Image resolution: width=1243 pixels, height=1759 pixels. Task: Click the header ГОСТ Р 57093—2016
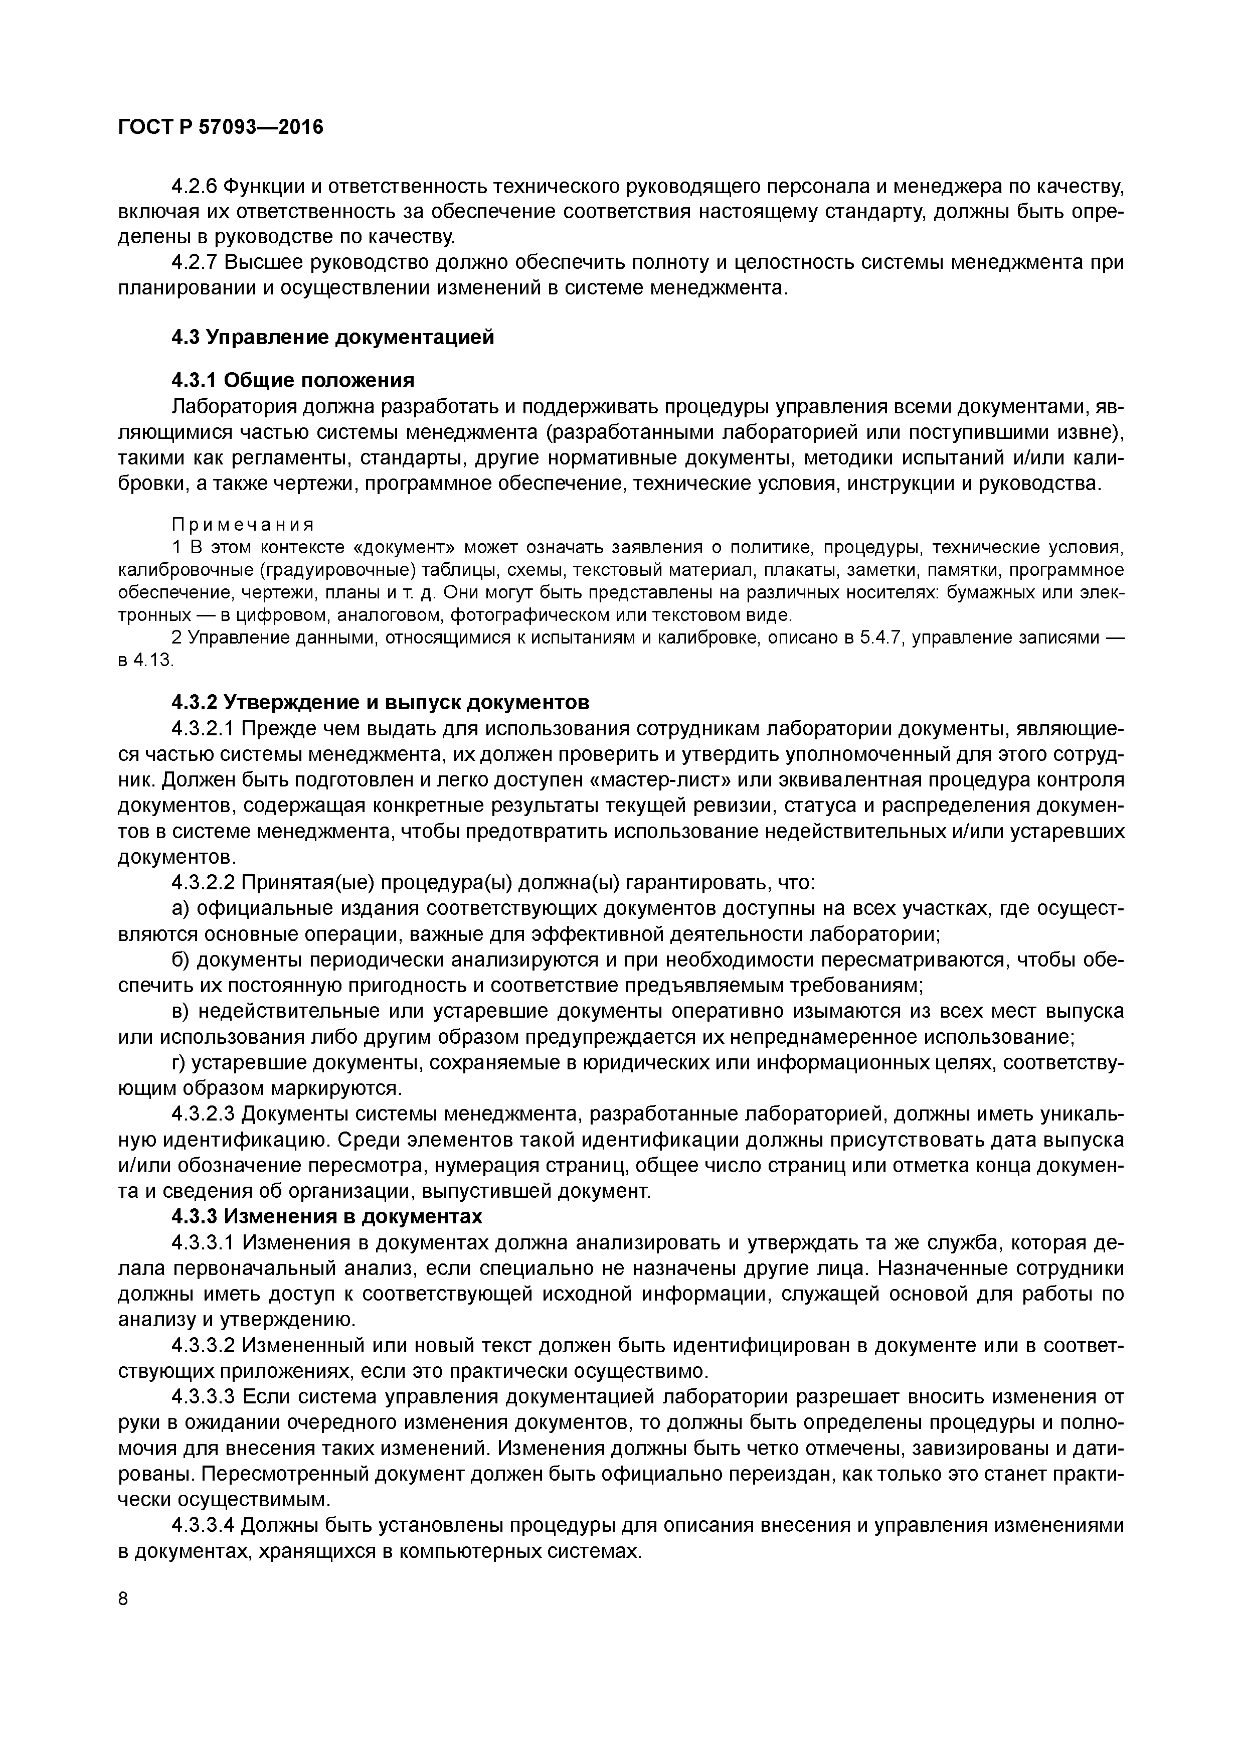click(x=221, y=127)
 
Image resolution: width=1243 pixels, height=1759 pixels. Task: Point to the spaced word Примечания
click(x=242, y=526)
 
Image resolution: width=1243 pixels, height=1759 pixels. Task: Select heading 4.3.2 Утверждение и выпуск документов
click(x=380, y=703)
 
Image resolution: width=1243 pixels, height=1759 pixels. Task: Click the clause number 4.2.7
click(x=195, y=263)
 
